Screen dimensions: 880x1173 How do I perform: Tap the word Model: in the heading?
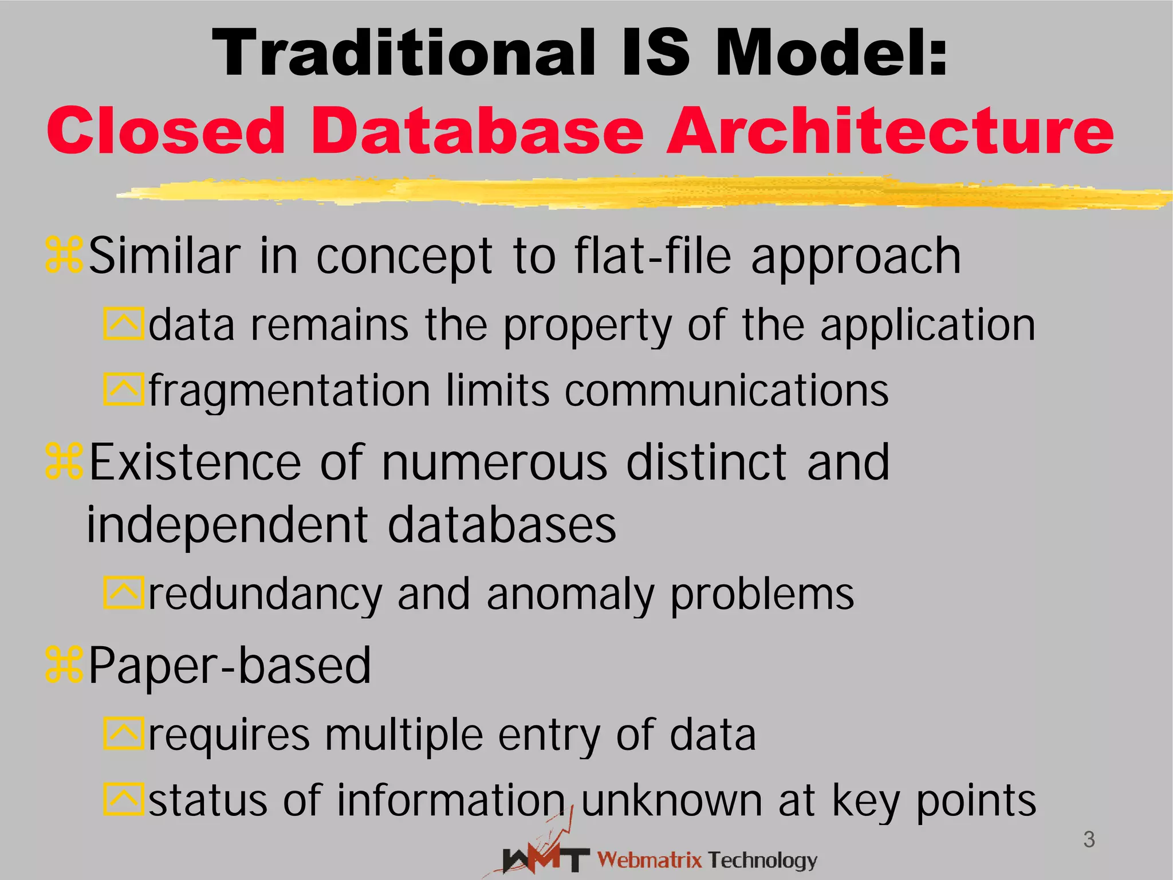(831, 53)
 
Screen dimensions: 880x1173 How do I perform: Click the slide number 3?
(1089, 840)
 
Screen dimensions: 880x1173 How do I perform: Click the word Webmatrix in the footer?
(650, 860)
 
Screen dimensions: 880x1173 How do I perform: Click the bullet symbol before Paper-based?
(64, 665)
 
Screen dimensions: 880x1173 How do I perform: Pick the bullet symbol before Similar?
(64, 256)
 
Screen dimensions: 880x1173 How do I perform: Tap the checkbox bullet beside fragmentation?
(123, 390)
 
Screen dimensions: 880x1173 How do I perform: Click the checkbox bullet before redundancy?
(123, 592)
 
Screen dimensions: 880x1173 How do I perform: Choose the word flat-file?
(653, 256)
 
